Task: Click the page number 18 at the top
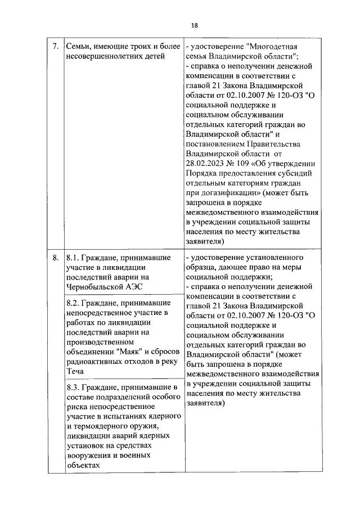coord(195,25)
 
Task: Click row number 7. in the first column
coord(55,47)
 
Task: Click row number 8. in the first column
coord(55,258)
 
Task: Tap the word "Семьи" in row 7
coord(79,47)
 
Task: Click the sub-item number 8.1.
coord(73,258)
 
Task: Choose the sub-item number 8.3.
coord(73,388)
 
